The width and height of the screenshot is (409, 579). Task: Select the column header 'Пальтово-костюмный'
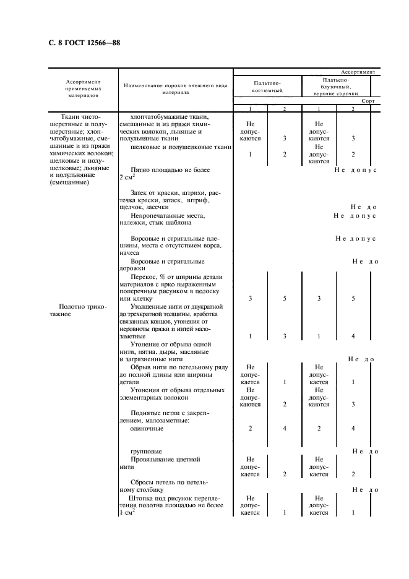(267, 86)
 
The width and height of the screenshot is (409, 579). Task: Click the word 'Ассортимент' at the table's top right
(358, 72)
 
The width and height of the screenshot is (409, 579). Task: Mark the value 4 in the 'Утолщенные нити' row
(353, 336)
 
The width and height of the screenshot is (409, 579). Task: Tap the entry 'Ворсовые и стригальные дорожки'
(165, 265)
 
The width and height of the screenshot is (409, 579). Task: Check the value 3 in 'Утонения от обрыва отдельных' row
(353, 404)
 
